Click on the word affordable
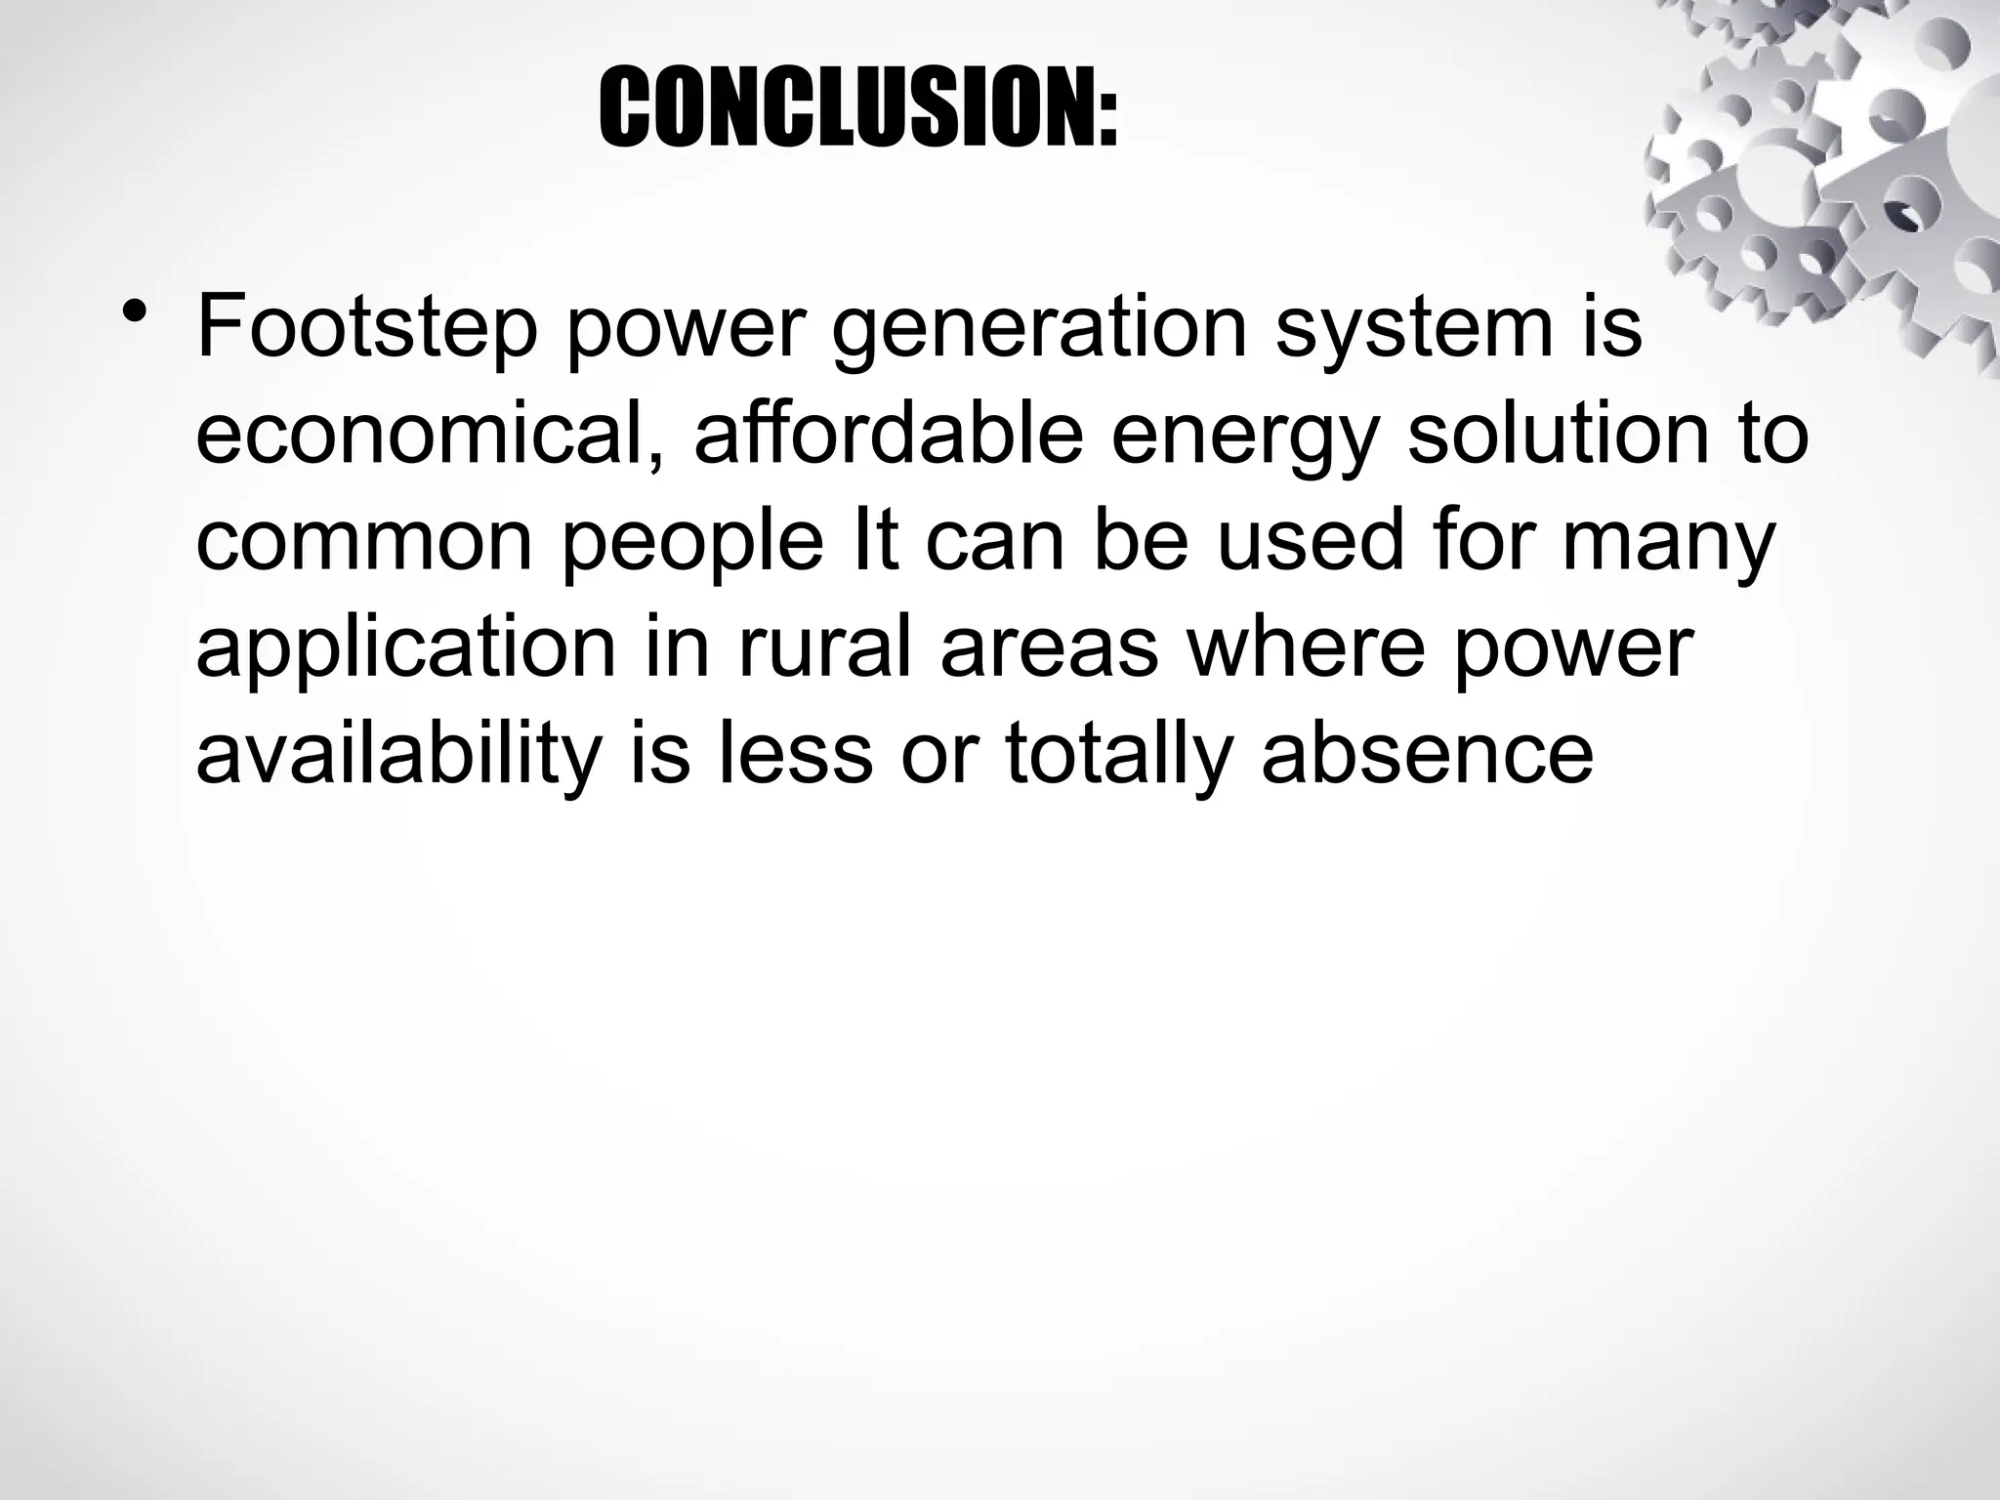pos(888,437)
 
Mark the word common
pos(363,543)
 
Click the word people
pos(692,543)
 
